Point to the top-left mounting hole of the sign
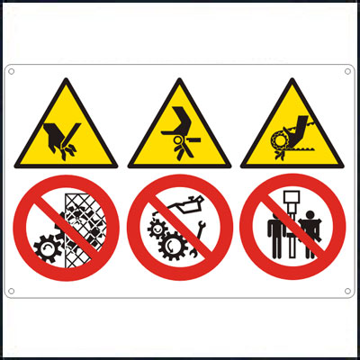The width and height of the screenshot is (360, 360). click(13, 72)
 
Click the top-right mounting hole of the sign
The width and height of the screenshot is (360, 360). click(348, 72)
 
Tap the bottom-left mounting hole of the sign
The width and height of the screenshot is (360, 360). click(13, 290)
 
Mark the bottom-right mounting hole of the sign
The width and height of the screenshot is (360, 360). click(348, 290)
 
